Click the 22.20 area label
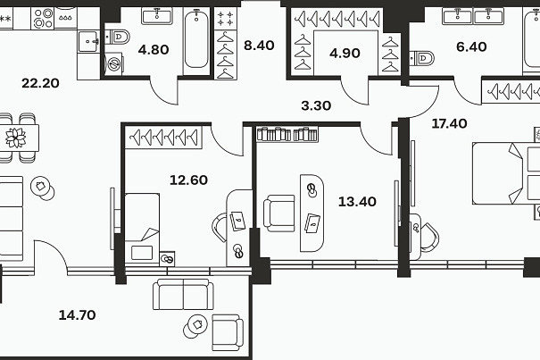40,83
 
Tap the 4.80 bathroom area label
154,50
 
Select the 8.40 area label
259,46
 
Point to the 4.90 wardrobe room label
345,53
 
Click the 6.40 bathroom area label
471,46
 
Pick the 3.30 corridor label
316,105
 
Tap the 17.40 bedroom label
450,123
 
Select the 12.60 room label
188,180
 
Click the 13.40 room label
357,201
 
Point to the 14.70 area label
77,315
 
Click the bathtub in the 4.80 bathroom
196,40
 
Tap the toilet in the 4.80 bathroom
118,37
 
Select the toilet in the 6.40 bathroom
422,58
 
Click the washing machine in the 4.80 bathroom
113,63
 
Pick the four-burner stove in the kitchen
44,19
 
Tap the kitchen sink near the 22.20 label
89,41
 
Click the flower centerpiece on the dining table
15,138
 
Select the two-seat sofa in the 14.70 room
183,295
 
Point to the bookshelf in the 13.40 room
287,134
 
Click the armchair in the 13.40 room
279,213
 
